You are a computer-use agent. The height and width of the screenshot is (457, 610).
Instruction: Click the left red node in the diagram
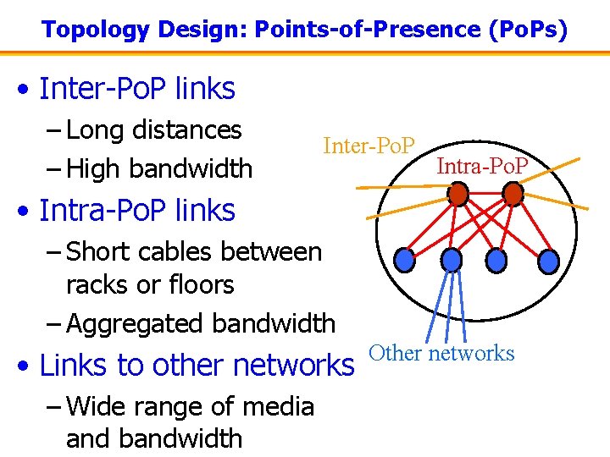(457, 195)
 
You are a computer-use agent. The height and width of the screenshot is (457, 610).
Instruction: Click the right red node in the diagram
(513, 195)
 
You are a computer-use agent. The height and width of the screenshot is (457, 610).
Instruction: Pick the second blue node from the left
(452, 258)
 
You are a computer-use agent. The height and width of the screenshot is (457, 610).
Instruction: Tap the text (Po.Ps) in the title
(529, 30)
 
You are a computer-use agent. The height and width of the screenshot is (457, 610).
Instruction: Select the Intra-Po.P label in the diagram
(482, 165)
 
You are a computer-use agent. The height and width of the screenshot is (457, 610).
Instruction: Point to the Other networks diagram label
(441, 353)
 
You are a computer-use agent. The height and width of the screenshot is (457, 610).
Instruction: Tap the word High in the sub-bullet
(95, 168)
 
